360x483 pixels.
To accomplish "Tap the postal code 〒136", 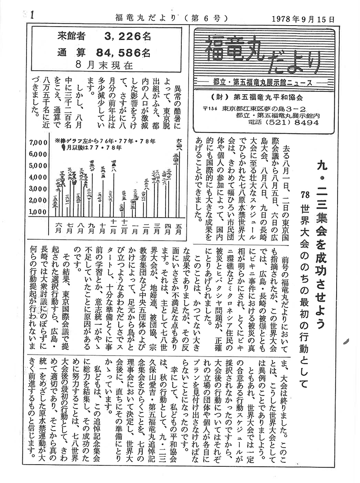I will (209, 108).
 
